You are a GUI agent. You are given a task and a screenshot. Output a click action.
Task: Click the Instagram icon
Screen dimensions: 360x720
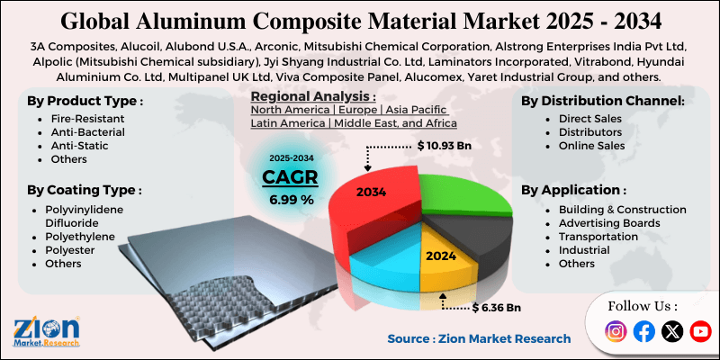pos(616,331)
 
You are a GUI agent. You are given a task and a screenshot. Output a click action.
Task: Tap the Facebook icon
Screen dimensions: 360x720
pos(644,331)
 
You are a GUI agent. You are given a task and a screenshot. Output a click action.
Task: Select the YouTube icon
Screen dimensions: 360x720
pos(699,331)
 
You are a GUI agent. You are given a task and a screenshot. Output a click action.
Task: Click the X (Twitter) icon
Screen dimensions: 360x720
pos(672,331)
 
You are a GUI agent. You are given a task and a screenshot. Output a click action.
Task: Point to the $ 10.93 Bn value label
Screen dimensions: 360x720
pos(445,144)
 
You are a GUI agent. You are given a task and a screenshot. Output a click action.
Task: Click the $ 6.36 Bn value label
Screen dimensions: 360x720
pos(496,308)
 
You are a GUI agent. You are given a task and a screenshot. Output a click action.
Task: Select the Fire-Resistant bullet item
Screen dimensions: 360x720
pos(87,119)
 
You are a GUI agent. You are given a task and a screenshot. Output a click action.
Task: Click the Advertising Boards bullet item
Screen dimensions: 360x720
pos(608,222)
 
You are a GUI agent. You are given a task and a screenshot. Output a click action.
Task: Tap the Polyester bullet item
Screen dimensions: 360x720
pos(72,250)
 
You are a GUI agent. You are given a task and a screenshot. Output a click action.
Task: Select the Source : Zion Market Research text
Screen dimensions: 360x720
pos(479,338)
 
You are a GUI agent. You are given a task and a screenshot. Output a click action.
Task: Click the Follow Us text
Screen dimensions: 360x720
pos(643,305)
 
